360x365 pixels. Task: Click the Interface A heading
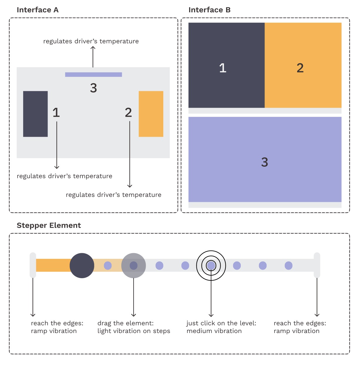click(38, 10)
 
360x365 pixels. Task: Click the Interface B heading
click(209, 10)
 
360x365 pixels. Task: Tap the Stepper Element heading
click(49, 225)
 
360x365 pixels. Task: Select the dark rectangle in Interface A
click(36, 114)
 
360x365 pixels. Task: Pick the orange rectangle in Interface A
click(151, 114)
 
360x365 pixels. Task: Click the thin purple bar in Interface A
click(93, 75)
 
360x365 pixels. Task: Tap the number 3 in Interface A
click(93, 88)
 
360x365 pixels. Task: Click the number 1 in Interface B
click(223, 68)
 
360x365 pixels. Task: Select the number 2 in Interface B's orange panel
click(300, 68)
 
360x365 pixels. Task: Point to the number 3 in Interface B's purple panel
click(265, 162)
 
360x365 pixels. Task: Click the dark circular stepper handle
click(82, 266)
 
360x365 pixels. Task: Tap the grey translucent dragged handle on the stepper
click(134, 266)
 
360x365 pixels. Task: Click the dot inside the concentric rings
click(211, 266)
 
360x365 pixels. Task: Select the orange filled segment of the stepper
click(53, 265)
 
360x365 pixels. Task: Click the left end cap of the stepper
click(33, 265)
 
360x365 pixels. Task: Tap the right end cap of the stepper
click(317, 265)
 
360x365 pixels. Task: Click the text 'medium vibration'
click(214, 331)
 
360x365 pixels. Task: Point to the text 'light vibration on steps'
click(134, 331)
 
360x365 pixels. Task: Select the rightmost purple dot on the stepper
click(289, 266)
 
